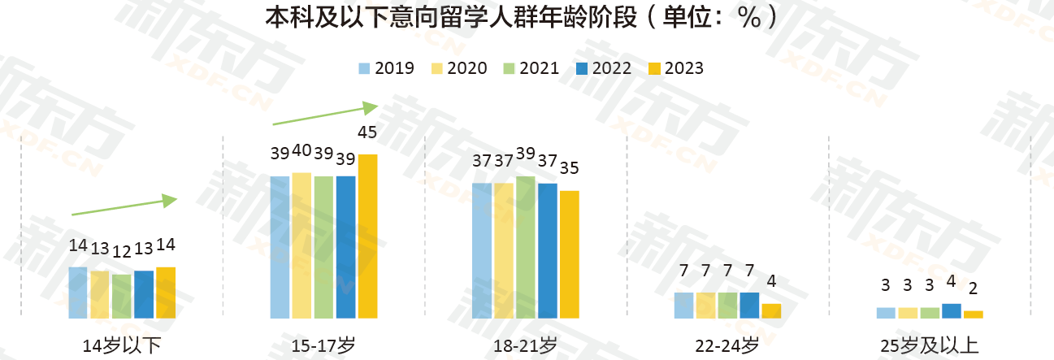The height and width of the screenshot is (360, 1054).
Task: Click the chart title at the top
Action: pyautogui.click(x=515, y=18)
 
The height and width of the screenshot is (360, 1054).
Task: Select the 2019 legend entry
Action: pyautogui.click(x=385, y=68)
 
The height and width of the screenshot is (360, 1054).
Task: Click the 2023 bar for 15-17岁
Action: pyautogui.click(x=367, y=236)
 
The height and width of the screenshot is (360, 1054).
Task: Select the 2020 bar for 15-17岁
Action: pyautogui.click(x=301, y=245)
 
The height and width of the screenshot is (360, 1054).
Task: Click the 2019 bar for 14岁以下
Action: pyautogui.click(x=78, y=293)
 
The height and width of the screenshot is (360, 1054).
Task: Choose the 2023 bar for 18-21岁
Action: pyautogui.click(x=570, y=254)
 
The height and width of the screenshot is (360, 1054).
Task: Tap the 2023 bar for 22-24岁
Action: pyautogui.click(x=771, y=310)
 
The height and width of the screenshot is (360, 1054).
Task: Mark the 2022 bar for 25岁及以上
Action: pyautogui.click(x=952, y=310)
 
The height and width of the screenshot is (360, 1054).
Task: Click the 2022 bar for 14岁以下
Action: pyautogui.click(x=144, y=294)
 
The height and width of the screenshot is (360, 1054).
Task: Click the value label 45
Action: pyautogui.click(x=367, y=132)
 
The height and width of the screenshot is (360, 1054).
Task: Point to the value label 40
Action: pyautogui.click(x=301, y=150)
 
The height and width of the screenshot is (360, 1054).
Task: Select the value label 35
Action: pyautogui.click(x=570, y=169)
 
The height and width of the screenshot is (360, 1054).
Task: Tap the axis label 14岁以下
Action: pyautogui.click(x=122, y=345)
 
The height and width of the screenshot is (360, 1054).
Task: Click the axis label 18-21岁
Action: pyautogui.click(x=525, y=345)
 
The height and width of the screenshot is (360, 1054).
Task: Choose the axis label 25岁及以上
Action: pyautogui.click(x=930, y=345)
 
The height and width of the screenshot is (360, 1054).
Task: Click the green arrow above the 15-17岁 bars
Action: pyautogui.click(x=325, y=115)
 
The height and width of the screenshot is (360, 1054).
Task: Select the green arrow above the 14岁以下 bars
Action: pyautogui.click(x=124, y=206)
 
